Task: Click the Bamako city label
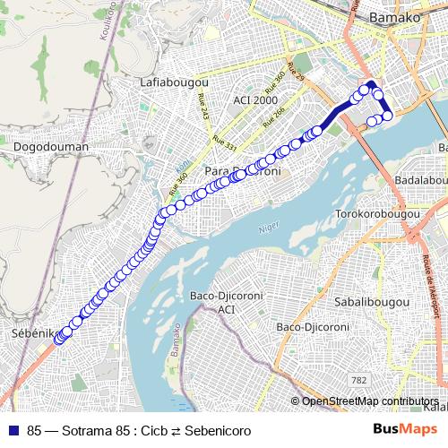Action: coord(394,17)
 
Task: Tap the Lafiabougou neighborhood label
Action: coord(173,82)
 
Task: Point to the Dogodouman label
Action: coord(52,146)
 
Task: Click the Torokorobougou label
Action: coord(377,214)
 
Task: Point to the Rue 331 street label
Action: coord(225,142)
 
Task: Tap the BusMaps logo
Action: coord(406,429)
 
